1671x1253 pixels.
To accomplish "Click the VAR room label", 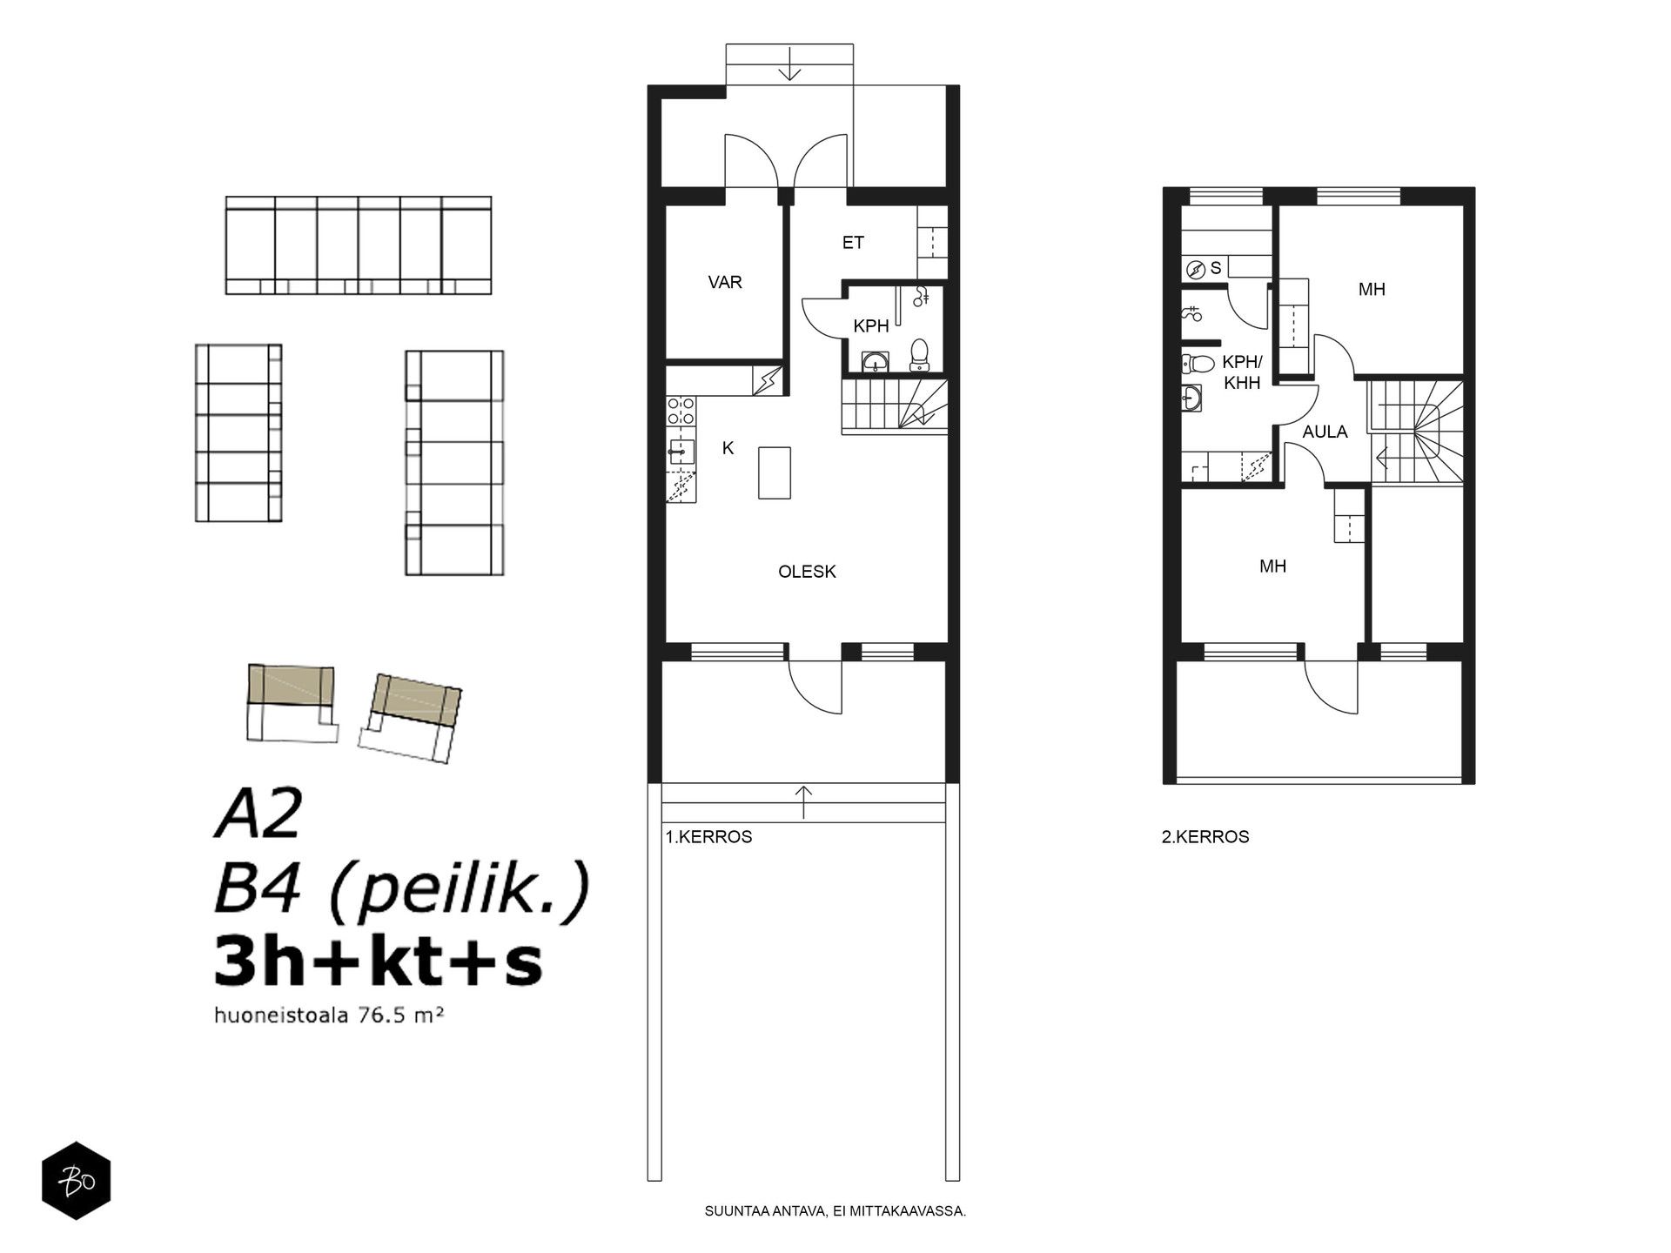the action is click(725, 283).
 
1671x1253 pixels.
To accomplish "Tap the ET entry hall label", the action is click(853, 243).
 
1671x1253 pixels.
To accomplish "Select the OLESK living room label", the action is click(807, 572).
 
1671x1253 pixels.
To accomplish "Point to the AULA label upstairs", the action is click(1325, 432).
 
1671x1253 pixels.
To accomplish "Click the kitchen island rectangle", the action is click(775, 472).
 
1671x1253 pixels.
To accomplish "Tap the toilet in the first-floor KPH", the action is click(919, 355).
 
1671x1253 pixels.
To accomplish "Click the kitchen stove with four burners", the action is click(680, 411).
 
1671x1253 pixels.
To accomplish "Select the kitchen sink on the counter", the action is click(680, 450).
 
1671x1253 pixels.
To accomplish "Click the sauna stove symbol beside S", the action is click(1195, 269).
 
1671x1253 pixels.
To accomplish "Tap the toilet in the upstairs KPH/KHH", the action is click(1198, 364).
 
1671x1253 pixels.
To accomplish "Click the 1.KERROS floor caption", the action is click(708, 837).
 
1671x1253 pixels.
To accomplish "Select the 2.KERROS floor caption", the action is click(1205, 837).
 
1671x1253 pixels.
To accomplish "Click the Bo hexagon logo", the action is click(77, 1180).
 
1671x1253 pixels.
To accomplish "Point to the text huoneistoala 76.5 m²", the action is click(324, 1015).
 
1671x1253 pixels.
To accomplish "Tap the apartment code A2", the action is click(258, 815).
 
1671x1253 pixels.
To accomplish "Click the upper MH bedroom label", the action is click(1372, 290).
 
